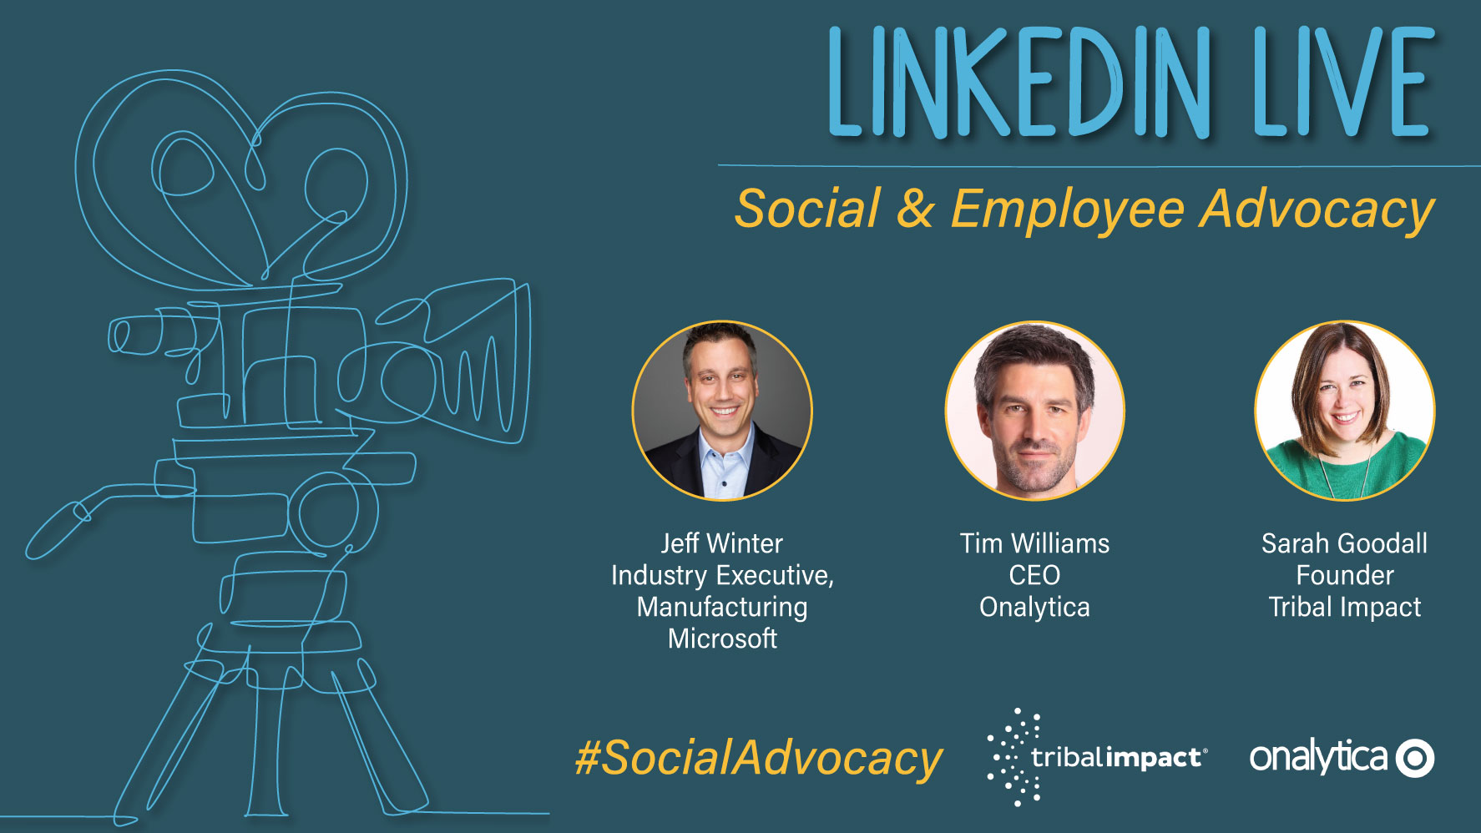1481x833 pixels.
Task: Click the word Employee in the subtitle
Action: [1068, 210]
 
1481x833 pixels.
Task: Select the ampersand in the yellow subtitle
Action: [916, 209]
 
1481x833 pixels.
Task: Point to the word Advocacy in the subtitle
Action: [1317, 210]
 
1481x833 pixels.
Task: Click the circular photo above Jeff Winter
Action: [722, 411]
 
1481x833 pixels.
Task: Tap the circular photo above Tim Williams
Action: [1034, 411]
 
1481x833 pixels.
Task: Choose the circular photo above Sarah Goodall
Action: [1344, 411]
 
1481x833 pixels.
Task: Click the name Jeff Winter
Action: [722, 543]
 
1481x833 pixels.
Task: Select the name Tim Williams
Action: [1034, 543]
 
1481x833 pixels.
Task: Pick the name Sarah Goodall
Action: [1344, 543]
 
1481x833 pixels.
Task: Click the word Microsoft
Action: [722, 639]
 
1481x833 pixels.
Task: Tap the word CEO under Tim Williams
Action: [1034, 575]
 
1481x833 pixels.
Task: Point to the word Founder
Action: [1344, 575]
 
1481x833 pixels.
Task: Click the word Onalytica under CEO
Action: [1034, 608]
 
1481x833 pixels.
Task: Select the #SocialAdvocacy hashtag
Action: [758, 759]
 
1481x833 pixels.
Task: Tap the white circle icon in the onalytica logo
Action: [1415, 758]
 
